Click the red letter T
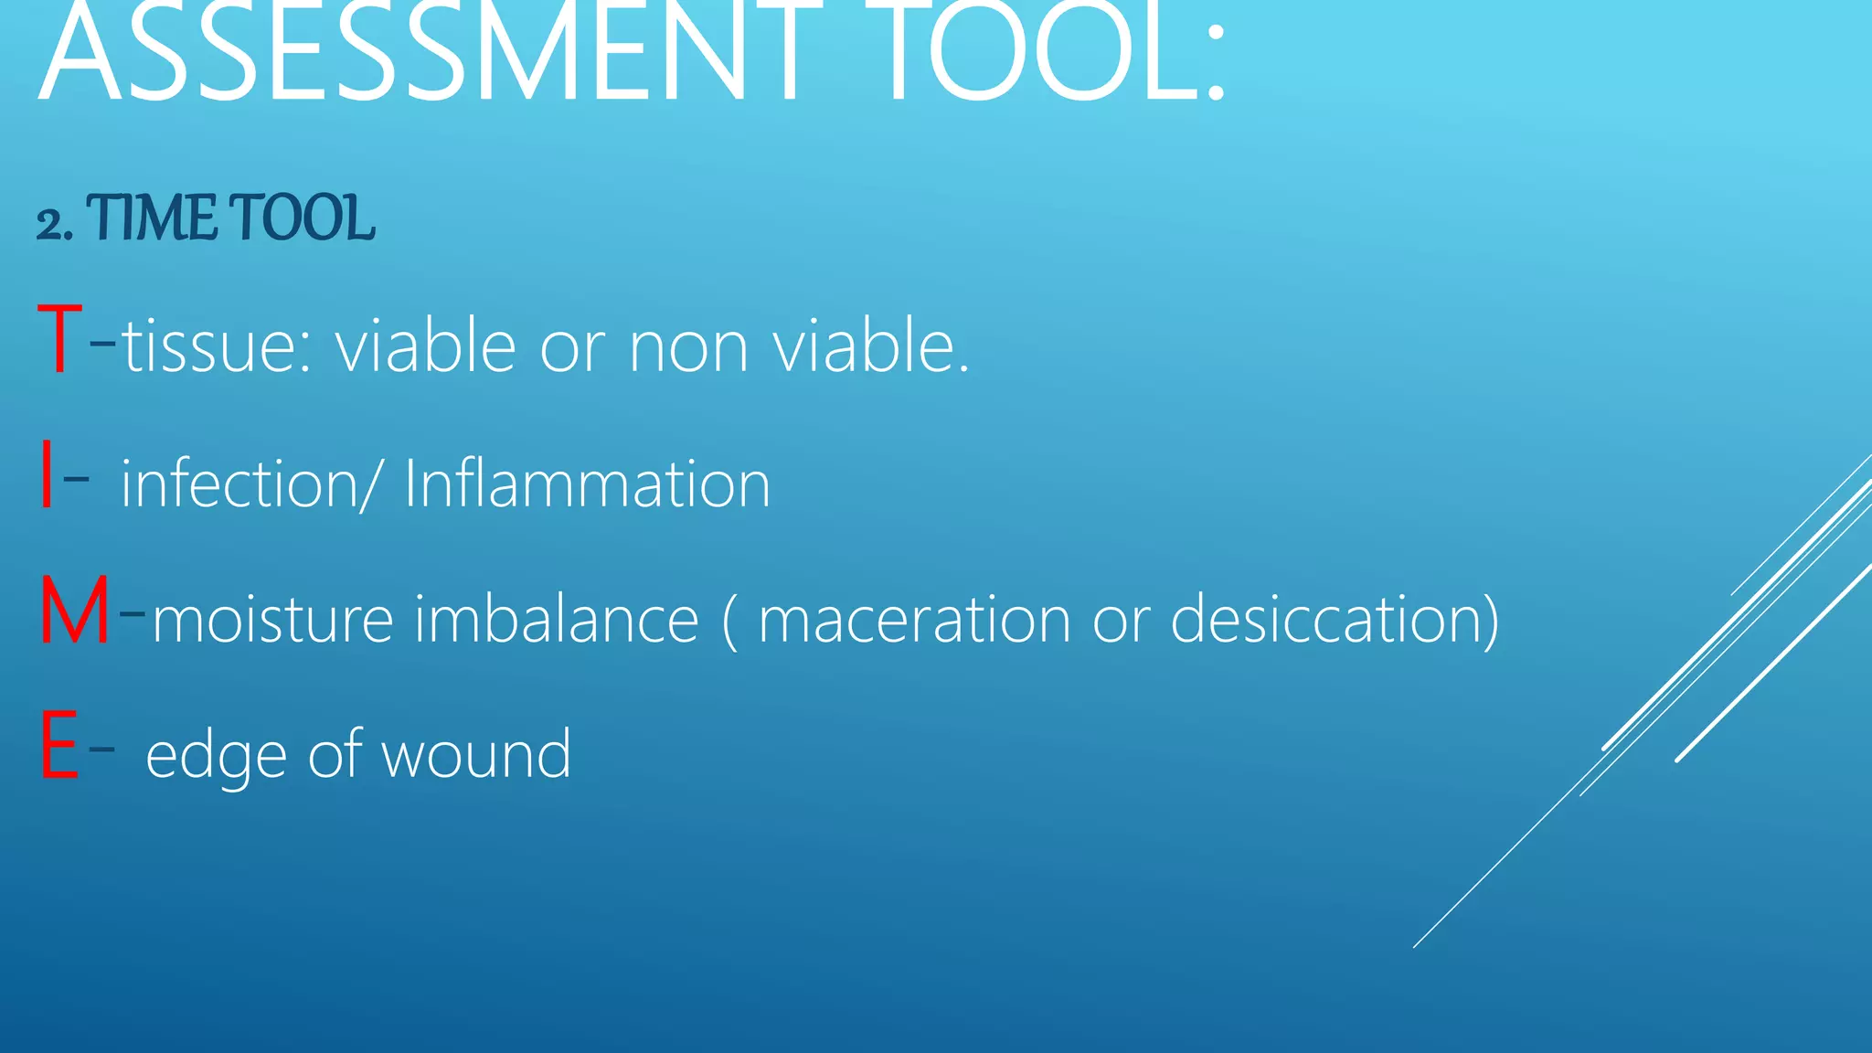click(x=60, y=340)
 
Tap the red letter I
click(x=47, y=475)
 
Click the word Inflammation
click(x=587, y=483)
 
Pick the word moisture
click(x=273, y=619)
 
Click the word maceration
click(x=914, y=619)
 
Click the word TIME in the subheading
click(x=153, y=219)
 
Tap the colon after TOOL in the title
click(x=1214, y=59)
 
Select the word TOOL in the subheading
click(x=302, y=219)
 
